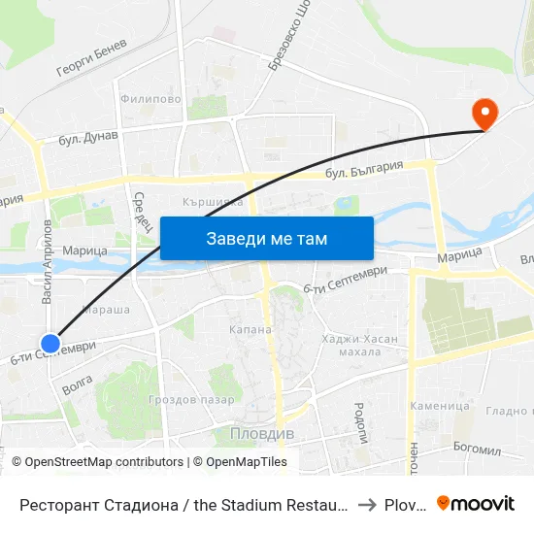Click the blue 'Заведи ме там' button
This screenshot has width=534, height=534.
267,238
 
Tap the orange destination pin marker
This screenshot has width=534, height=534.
483,115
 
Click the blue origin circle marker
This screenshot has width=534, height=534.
50,342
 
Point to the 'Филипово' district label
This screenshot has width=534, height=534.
150,99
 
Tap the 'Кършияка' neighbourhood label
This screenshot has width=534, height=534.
212,202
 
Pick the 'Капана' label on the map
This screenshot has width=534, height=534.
250,330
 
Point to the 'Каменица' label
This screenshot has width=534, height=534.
440,406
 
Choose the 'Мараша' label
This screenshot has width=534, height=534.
107,311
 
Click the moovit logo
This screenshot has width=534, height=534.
476,503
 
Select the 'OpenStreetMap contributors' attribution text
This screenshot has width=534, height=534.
104,462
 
